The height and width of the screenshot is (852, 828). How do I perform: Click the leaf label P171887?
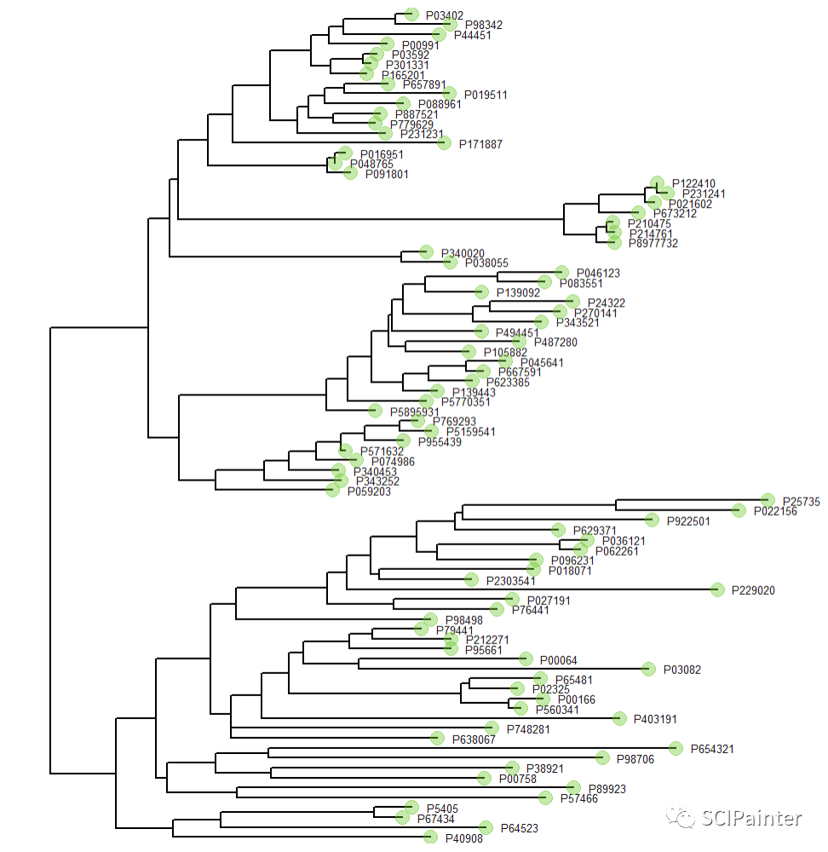click(x=480, y=144)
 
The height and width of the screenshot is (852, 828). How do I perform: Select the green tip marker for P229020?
click(x=717, y=590)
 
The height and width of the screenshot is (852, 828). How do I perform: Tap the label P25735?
click(x=802, y=502)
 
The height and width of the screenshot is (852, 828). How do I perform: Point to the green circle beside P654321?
click(x=676, y=748)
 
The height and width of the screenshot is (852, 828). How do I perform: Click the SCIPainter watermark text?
click(x=752, y=818)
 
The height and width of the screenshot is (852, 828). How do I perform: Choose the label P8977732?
click(x=653, y=244)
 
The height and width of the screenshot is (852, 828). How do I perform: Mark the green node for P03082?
click(x=648, y=669)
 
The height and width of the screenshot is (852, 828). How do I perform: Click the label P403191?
click(x=655, y=719)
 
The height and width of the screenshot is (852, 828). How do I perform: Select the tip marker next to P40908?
click(x=431, y=837)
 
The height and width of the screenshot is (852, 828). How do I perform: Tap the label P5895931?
click(x=415, y=412)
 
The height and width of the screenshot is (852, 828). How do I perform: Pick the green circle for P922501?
click(x=652, y=520)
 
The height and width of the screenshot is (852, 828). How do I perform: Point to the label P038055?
click(x=486, y=263)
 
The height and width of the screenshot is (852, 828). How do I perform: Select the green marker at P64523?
click(x=486, y=827)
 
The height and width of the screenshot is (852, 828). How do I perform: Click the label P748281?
click(x=528, y=728)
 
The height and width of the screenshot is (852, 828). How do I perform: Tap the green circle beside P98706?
click(x=602, y=757)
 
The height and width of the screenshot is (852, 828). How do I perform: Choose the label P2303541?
click(x=511, y=581)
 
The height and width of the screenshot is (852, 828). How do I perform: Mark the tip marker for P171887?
click(x=444, y=142)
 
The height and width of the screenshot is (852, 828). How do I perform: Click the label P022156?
click(x=775, y=511)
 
